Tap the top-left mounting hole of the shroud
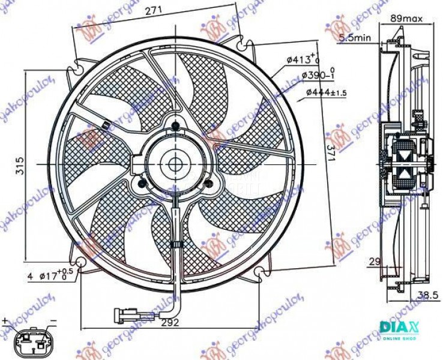(x=82, y=61)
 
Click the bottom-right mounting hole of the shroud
(x=262, y=272)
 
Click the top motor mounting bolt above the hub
(x=175, y=125)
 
